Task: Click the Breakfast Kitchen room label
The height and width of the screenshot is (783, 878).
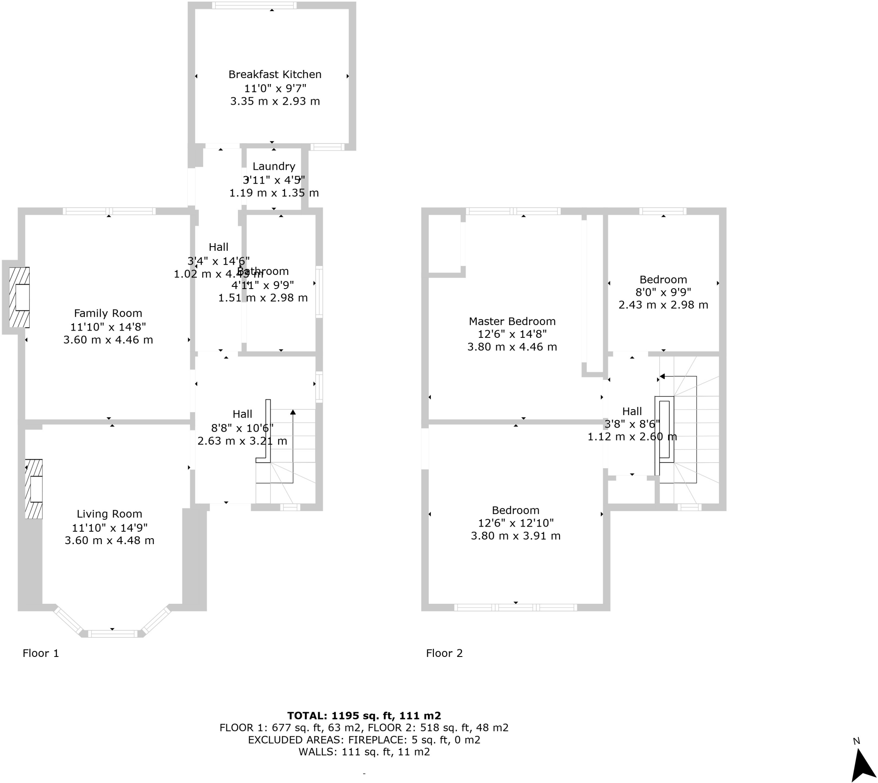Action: point(274,75)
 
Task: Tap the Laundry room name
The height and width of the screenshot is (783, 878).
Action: point(274,166)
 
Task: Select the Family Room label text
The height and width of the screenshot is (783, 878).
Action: point(108,313)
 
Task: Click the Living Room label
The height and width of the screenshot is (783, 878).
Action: point(109,514)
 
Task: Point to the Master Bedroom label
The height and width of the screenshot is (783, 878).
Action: point(512,321)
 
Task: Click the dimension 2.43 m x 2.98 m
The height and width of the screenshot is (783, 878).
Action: point(663,305)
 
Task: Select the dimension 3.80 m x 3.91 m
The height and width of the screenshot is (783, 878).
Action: point(515,536)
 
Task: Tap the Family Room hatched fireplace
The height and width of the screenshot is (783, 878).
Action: point(19,297)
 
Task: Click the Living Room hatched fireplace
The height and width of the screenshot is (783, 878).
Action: point(33,489)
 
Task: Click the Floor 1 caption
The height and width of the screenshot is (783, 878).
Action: point(40,653)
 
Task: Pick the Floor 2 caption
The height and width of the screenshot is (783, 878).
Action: point(444,653)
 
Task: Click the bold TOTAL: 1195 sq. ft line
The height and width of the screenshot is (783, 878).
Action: point(364,715)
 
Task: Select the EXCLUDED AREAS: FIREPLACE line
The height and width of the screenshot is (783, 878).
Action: point(364,740)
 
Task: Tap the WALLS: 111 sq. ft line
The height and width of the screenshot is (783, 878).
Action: point(364,752)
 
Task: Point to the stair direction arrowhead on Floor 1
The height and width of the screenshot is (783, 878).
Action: point(293,412)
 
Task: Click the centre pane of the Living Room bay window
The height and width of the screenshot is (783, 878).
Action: point(113,633)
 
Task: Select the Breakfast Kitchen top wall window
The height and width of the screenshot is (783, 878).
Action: point(254,6)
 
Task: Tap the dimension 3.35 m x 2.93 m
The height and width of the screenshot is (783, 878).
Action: point(275,102)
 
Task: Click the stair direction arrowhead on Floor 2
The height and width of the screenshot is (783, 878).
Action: point(662,376)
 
